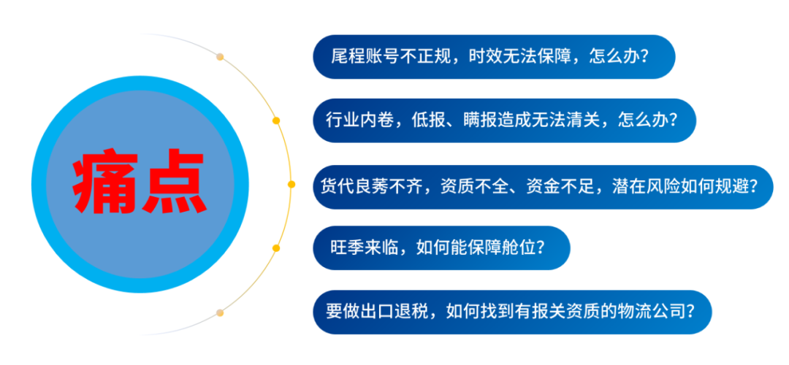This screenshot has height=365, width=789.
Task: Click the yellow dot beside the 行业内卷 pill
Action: [275, 120]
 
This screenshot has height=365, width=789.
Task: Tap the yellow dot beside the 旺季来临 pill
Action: [275, 248]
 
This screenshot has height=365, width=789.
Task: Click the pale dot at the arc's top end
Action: [220, 56]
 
